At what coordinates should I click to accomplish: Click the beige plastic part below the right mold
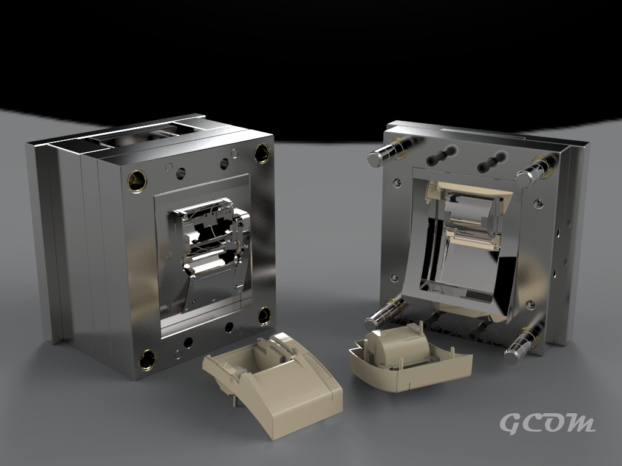411,361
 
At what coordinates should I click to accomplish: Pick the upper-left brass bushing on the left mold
137,181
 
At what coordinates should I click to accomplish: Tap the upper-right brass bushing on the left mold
262,153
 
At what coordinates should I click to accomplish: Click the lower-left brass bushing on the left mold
148,359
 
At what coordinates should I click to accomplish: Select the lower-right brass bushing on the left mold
264,316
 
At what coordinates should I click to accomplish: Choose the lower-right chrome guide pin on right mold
521,347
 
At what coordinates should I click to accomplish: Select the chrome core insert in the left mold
210,243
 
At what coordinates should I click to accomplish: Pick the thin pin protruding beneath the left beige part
234,400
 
